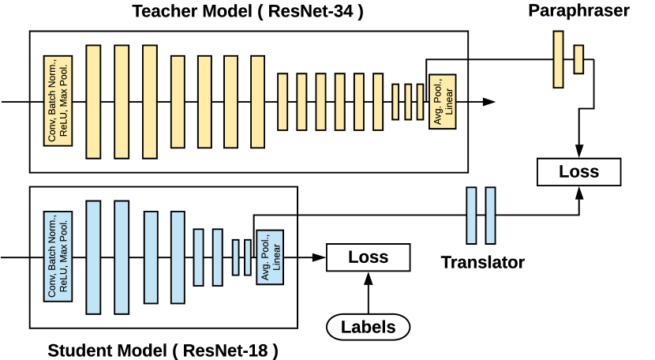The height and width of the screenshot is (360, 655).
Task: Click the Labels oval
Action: (369, 326)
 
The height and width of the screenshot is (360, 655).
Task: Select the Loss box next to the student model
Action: (369, 257)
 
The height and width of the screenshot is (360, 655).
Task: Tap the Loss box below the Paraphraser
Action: (578, 171)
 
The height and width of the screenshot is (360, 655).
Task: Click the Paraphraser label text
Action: (579, 10)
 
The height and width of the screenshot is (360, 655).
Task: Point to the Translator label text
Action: (482, 263)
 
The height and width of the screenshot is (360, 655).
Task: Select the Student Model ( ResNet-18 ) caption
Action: (163, 350)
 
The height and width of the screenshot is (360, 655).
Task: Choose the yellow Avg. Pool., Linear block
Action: (443, 103)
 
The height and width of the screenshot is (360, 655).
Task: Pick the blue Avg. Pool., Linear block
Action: (269, 257)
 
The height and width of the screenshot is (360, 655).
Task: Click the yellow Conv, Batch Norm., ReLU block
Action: (58, 101)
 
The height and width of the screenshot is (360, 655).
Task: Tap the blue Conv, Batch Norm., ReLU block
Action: (58, 256)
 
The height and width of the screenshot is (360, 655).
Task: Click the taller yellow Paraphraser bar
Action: (559, 59)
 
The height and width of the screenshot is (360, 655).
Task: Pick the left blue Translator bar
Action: (472, 216)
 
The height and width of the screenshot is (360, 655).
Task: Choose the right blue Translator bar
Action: (491, 216)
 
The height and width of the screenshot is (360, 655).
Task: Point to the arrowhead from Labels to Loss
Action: (369, 276)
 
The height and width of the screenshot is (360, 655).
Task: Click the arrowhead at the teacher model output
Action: (489, 102)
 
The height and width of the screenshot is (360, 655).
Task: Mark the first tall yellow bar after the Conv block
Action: (93, 101)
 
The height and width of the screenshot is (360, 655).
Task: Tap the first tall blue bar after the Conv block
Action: (93, 257)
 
